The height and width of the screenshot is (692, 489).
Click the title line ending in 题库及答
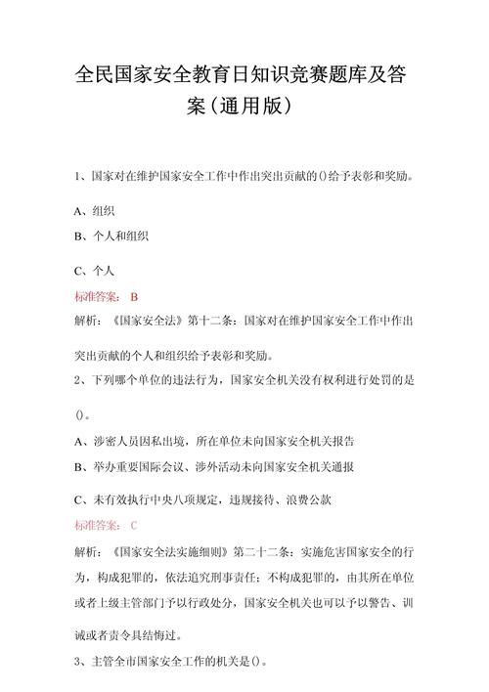244,78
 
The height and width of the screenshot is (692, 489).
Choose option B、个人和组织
111,237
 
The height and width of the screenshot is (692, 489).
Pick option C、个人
95,270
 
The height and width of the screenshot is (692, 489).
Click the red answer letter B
135,295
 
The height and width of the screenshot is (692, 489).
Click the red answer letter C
135,525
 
